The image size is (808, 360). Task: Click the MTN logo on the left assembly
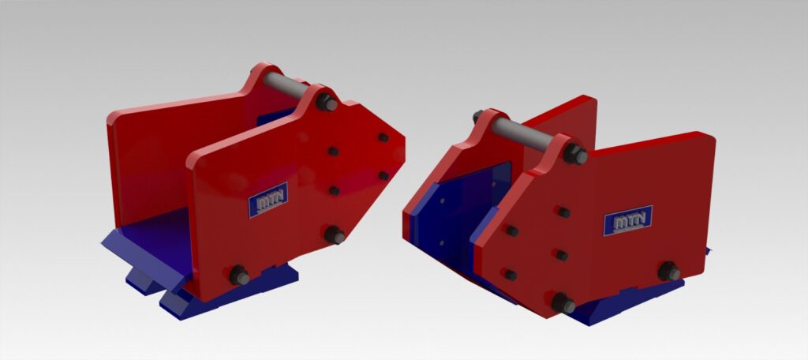pyautogui.click(x=268, y=199)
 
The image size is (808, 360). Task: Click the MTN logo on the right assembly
pyautogui.click(x=627, y=220)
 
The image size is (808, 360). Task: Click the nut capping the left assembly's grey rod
pyautogui.click(x=327, y=103)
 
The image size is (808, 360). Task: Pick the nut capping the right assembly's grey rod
pyautogui.click(x=575, y=154)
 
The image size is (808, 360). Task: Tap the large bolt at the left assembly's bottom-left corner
pyautogui.click(x=239, y=275)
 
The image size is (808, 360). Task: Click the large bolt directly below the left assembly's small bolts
pyautogui.click(x=335, y=235)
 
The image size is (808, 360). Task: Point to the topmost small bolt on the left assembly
pyautogui.click(x=383, y=137)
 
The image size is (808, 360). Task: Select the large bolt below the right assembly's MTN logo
pyautogui.click(x=669, y=272)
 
